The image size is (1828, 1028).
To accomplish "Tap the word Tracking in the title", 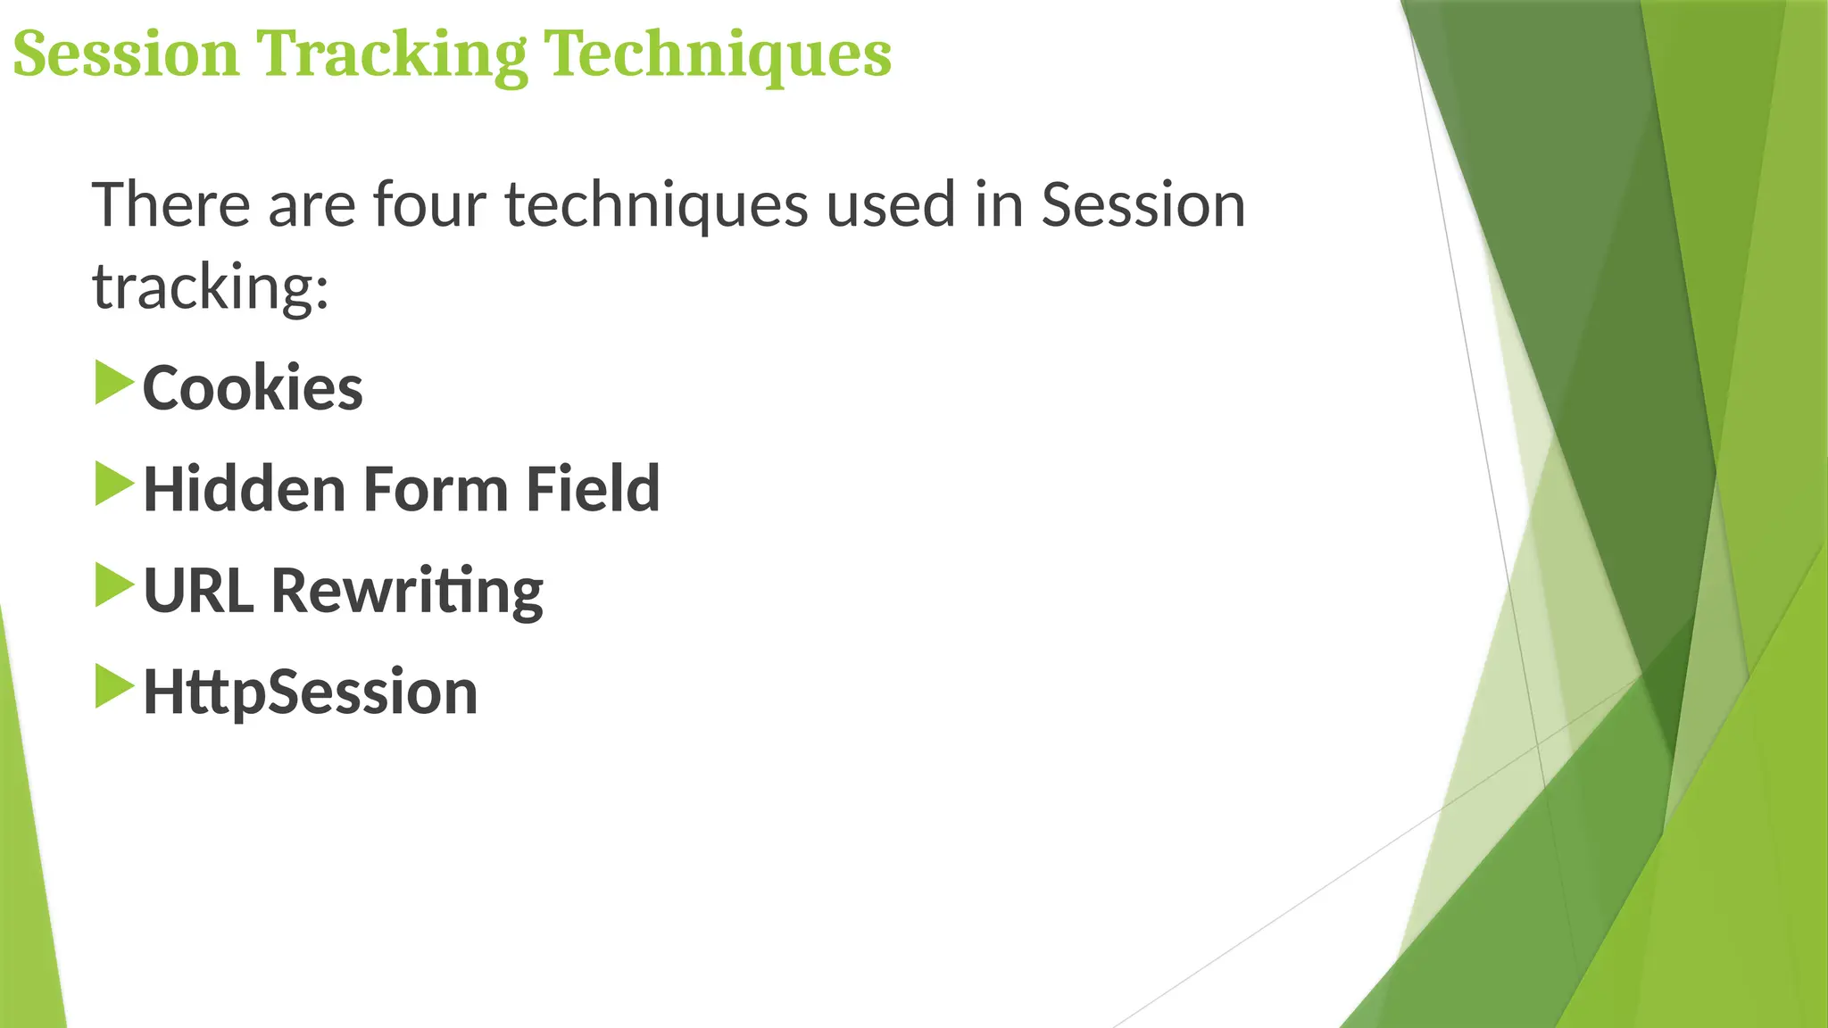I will point(392,55).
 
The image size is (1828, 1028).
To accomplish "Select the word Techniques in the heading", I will point(718,55).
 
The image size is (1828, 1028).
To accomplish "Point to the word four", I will point(429,204).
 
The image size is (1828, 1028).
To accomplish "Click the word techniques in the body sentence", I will point(656,206).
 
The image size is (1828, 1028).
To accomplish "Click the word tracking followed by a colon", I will point(211,287).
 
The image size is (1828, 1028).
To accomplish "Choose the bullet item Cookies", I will point(253,388).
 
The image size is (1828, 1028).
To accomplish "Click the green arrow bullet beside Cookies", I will point(113,383).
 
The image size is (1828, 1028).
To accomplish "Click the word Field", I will point(593,489).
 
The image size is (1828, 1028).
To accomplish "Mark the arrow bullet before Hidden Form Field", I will point(113,485).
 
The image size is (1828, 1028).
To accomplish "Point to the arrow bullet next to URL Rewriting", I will point(113,585).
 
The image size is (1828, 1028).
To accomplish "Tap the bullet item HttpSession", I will point(310,692).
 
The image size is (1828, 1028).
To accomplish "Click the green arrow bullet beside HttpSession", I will point(113,687).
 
